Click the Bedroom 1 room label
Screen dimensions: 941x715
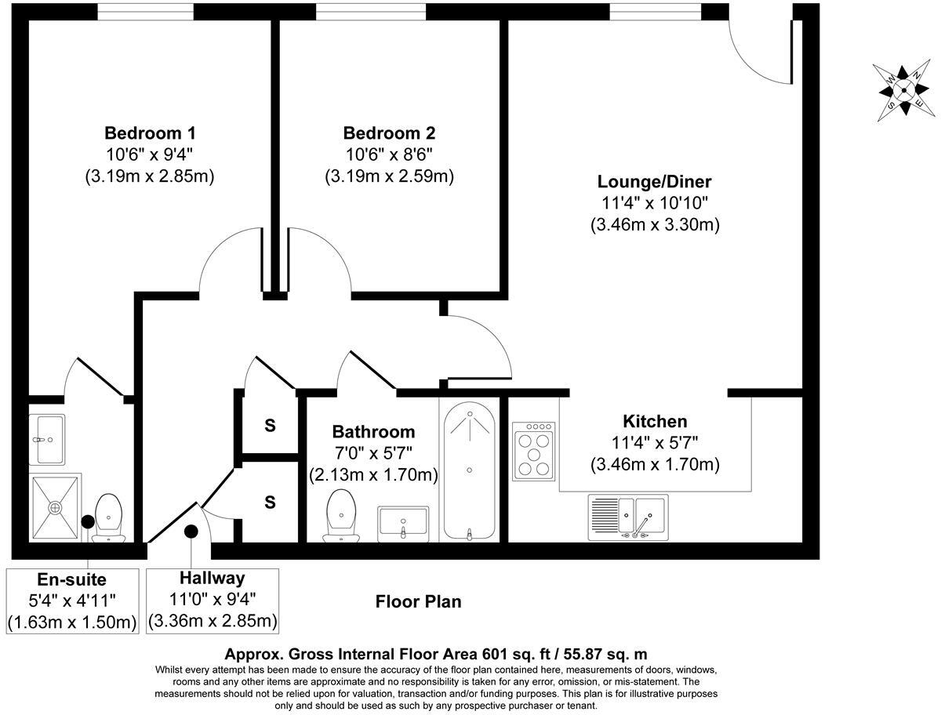tap(150, 133)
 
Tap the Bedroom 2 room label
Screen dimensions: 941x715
tap(389, 133)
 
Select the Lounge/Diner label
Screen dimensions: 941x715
tap(654, 182)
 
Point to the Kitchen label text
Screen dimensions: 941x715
tap(655, 421)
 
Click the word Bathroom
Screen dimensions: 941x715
tap(373, 432)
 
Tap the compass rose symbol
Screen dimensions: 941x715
tap(903, 90)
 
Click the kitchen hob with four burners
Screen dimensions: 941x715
tap(534, 451)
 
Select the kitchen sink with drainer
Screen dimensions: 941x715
tap(628, 517)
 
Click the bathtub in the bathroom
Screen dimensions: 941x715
tap(470, 470)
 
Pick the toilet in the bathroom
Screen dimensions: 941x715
tap(341, 516)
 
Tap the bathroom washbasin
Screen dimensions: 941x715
tap(403, 524)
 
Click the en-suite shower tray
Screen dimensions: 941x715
tap(55, 508)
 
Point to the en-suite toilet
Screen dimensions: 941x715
tap(108, 518)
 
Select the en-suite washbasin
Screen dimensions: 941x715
tap(47, 440)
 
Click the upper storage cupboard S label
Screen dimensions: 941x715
tap(270, 426)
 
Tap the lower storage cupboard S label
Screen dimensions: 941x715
tap(270, 502)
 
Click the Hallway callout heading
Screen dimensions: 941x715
tap(213, 579)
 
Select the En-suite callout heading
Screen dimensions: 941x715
tap(72, 579)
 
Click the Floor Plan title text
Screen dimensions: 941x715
tap(419, 602)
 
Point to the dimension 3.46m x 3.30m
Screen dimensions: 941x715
tap(655, 225)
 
